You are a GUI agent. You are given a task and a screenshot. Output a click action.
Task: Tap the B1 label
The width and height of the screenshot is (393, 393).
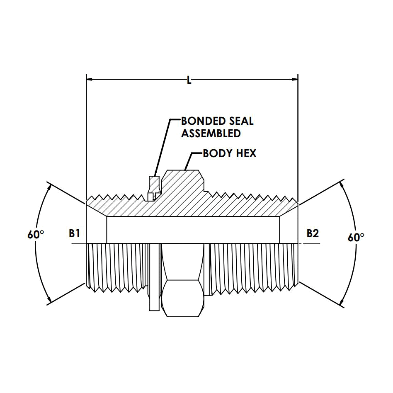75,233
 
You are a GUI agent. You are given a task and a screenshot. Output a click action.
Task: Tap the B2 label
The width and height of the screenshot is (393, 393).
313,233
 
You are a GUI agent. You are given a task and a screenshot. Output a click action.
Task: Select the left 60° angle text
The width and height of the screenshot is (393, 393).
36,235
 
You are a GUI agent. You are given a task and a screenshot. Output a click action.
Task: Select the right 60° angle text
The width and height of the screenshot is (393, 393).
356,237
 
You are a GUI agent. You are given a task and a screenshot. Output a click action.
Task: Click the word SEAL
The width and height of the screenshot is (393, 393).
241,121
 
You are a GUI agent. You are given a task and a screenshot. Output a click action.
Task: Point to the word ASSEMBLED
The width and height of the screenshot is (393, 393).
211,133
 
